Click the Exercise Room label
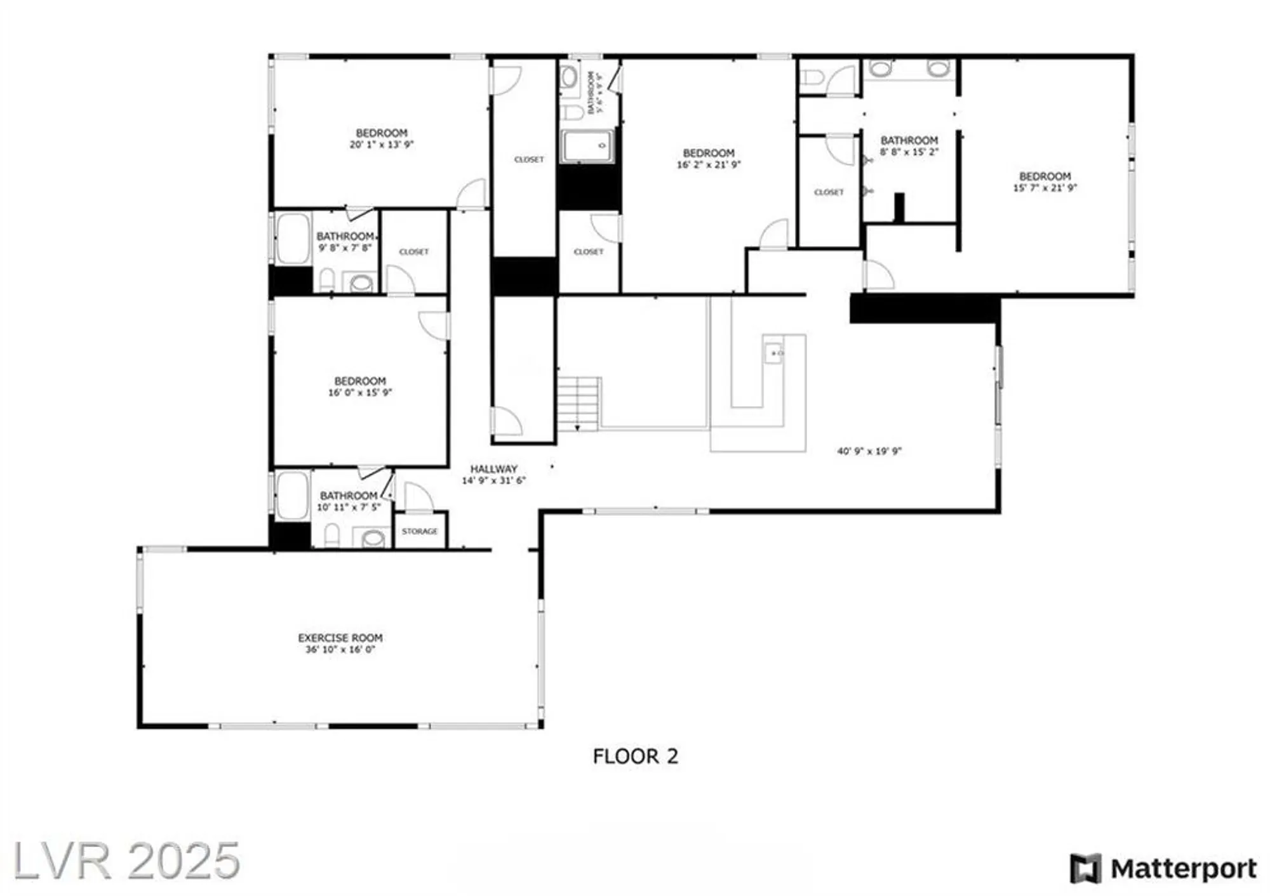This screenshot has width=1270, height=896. pos(340,638)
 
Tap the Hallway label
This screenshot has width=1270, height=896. pos(493,469)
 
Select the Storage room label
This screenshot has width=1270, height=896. pos(419,531)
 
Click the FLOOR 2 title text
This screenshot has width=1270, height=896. pos(635,756)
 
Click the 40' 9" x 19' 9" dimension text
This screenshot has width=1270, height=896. pos(869,451)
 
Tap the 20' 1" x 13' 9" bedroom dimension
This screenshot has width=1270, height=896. pos(381,145)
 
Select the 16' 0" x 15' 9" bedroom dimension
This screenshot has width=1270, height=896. pos(360,393)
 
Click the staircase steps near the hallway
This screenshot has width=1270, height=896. pos(578,404)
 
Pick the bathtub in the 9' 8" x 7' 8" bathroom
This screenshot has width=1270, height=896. pos(293,238)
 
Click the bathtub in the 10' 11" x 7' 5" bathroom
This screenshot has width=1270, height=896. pos(292,495)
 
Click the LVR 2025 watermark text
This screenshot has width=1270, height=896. pos(127,860)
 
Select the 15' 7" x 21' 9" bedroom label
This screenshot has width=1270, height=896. pos(1045,176)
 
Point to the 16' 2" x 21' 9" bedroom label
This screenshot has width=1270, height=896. pos(709,153)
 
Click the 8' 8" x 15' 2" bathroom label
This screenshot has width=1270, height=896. pos(909,140)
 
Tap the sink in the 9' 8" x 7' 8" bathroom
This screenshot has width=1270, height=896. pos(361,282)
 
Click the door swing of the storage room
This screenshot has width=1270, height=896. pos(417,497)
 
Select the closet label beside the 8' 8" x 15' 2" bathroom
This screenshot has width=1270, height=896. pos(829,192)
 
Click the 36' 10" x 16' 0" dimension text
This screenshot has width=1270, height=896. pos(340,650)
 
